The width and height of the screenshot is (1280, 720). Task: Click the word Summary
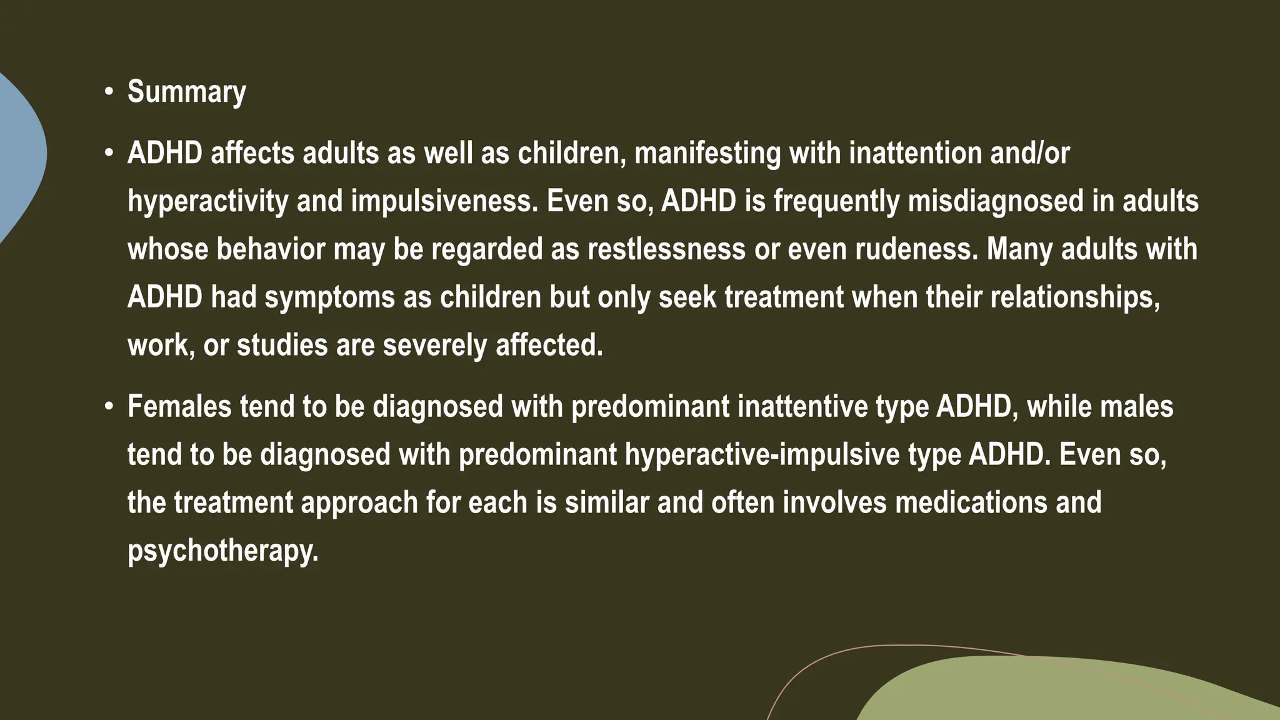tap(186, 92)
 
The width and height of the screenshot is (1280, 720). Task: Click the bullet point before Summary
tap(109, 92)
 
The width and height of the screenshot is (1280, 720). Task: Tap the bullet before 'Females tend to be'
tap(109, 407)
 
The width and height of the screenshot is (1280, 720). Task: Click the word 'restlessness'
tap(666, 249)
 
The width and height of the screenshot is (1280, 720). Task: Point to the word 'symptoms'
tap(329, 297)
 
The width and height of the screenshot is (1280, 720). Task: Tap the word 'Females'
tap(179, 407)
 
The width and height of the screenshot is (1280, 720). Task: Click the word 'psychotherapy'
tap(222, 551)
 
